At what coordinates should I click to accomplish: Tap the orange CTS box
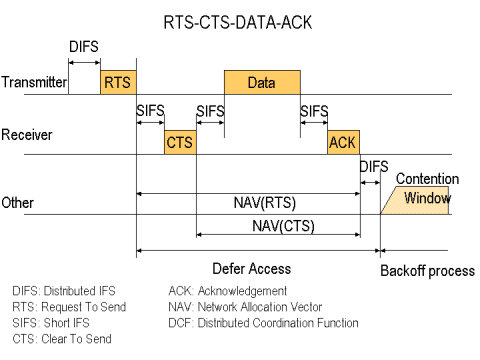[x=180, y=142]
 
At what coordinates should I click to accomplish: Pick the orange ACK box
[x=342, y=142]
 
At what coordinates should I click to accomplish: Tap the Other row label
[x=19, y=202]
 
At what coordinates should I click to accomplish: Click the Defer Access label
[x=252, y=268]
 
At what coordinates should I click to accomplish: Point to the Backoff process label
[x=427, y=271]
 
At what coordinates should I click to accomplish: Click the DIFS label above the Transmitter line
[x=85, y=47]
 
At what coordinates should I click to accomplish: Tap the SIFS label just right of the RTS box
[x=150, y=109]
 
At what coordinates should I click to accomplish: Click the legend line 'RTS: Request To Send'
[x=69, y=307]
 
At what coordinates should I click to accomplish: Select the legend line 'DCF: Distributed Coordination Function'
[x=264, y=323]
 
